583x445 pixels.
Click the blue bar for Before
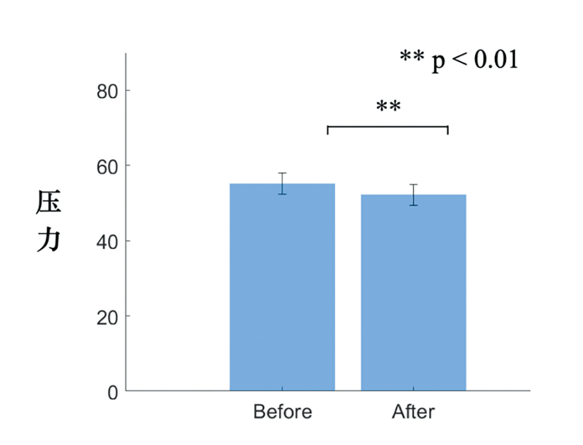point(282,287)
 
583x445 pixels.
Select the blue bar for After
point(413,293)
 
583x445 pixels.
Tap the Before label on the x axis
point(282,412)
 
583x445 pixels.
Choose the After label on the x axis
point(413,412)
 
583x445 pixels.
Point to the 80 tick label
point(107,91)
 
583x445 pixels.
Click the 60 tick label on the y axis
point(107,166)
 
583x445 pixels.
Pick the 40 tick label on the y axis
point(107,241)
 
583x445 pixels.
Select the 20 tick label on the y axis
point(107,316)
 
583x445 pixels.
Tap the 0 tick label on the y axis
point(113,392)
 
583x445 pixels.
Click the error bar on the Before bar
point(282,183)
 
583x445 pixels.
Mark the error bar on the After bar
point(413,194)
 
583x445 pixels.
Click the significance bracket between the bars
point(387,127)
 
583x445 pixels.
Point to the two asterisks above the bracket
point(388,107)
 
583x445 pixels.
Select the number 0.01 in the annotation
point(495,60)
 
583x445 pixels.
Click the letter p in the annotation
point(439,62)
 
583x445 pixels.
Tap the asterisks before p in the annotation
point(412,57)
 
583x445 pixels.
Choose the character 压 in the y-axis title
point(48,202)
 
